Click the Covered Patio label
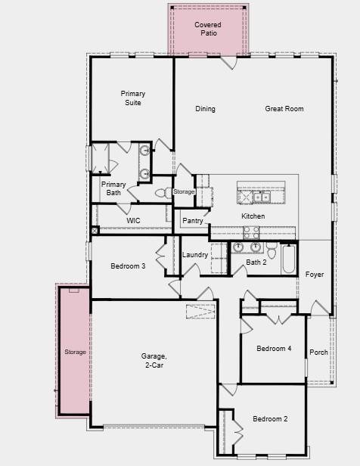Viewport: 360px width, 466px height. (x=208, y=30)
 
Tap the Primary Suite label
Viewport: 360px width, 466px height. (x=132, y=98)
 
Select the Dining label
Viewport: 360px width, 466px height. (x=205, y=109)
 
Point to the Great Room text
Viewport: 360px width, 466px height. (x=284, y=109)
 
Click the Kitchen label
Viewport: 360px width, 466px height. (x=253, y=216)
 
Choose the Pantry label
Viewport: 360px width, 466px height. (x=193, y=221)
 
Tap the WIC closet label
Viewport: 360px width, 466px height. (x=133, y=220)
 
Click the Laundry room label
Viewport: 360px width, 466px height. (x=195, y=255)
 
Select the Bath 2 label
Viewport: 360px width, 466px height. (x=256, y=263)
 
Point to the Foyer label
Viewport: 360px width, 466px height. (x=315, y=274)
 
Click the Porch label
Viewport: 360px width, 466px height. (x=318, y=352)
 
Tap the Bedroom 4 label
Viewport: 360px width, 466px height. (x=273, y=348)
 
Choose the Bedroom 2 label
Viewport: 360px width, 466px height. (x=270, y=418)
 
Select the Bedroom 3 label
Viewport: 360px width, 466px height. (x=127, y=266)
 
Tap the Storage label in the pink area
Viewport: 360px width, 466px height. (x=75, y=352)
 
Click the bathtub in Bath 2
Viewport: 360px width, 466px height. (x=288, y=259)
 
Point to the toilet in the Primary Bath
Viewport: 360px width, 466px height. (x=162, y=194)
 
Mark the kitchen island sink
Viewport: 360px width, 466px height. (x=263, y=197)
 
